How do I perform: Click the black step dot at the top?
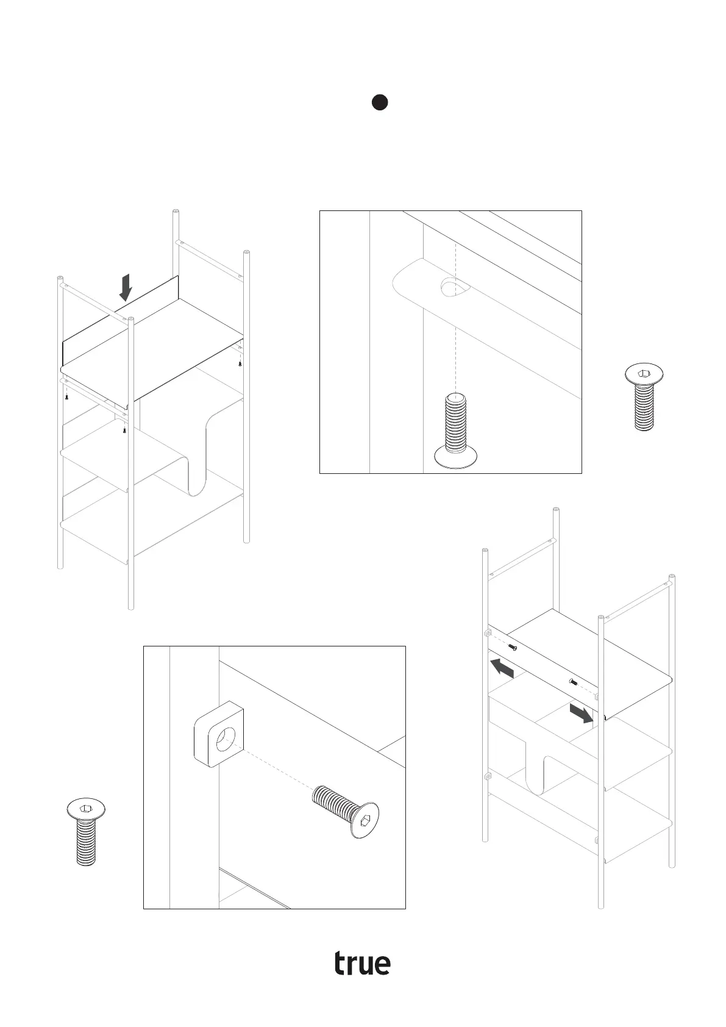[380, 102]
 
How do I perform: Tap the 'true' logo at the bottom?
[362, 963]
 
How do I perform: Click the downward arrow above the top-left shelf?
[126, 287]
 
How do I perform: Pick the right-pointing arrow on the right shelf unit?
[582, 713]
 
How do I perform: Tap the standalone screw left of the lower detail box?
[86, 832]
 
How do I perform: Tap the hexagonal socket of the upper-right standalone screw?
[644, 374]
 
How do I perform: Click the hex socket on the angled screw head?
[366, 820]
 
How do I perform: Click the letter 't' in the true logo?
[341, 963]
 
